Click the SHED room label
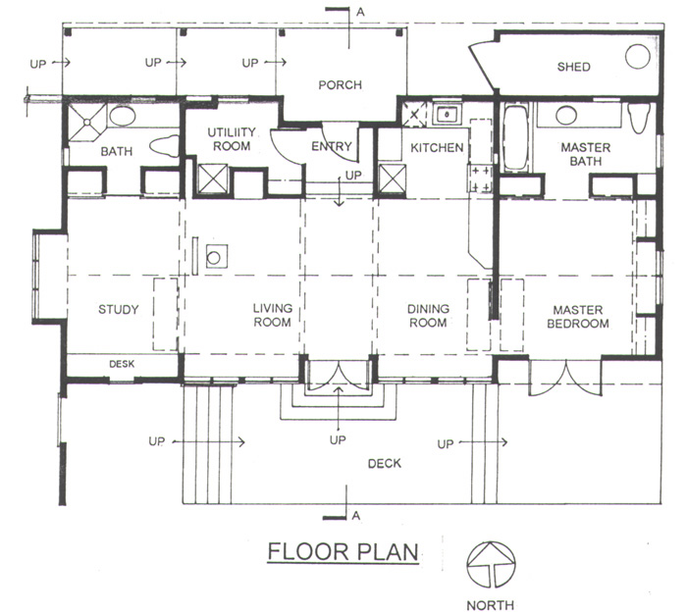click(573, 67)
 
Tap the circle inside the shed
click(638, 57)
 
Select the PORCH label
click(340, 84)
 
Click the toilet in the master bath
click(638, 119)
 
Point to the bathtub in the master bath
click(515, 137)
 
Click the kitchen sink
click(447, 115)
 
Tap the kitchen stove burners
click(481, 179)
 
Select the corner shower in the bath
click(87, 122)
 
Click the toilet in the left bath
click(164, 146)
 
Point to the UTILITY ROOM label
click(232, 139)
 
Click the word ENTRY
click(332, 146)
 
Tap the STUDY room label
click(119, 310)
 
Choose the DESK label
click(122, 364)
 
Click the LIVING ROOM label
click(273, 315)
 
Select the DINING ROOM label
click(428, 316)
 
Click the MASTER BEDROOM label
click(578, 317)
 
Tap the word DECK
click(385, 463)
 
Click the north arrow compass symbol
click(491, 565)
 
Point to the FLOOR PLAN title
click(343, 551)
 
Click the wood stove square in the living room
click(217, 257)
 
